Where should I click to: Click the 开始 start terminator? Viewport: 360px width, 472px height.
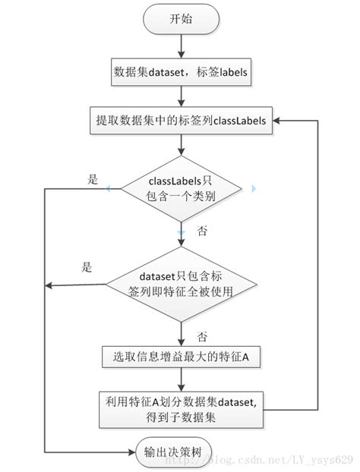pos(181,19)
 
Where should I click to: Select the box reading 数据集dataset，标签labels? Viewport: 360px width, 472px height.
pos(181,72)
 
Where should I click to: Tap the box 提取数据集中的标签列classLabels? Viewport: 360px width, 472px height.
pos(181,121)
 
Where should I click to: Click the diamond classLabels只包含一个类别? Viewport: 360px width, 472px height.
pos(181,189)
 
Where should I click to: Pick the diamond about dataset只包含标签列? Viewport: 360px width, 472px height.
pos(181,284)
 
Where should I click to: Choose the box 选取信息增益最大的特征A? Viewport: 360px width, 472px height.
pos(181,357)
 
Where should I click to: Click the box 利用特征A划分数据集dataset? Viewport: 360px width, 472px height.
pos(181,410)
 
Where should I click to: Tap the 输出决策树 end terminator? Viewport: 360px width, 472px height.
pos(173,452)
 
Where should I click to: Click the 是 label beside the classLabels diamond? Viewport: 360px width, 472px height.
pos(93,179)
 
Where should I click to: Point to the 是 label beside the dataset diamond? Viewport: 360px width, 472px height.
pos(87,266)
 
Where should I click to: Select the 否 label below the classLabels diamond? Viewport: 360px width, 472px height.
pos(202,231)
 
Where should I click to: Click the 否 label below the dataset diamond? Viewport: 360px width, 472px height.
pos(202,336)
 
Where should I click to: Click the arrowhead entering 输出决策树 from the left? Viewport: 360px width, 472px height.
pos(131,452)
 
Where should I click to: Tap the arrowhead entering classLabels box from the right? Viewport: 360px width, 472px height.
pos(276,121)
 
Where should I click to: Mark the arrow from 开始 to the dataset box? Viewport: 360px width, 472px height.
pos(181,46)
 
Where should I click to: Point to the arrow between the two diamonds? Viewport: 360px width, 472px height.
pos(181,234)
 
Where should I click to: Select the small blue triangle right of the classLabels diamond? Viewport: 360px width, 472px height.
pos(254,189)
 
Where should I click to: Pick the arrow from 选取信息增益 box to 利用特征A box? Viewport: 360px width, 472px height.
pos(181,379)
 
